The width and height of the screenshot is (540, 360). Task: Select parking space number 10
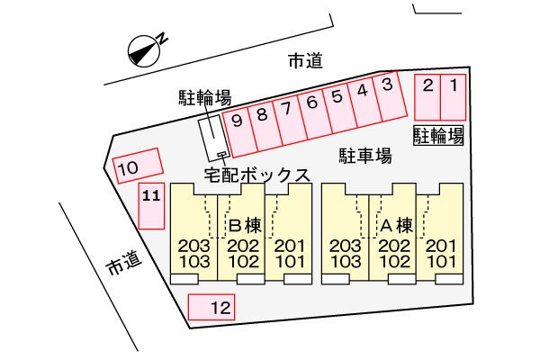point(139,166)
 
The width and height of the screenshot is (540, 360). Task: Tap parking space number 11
point(152,207)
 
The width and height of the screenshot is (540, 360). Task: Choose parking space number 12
point(211,308)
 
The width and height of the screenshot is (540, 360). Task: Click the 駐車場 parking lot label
point(364,156)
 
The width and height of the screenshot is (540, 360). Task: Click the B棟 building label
point(244,224)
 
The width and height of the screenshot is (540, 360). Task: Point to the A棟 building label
point(396,224)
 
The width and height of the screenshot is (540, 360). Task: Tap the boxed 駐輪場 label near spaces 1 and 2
point(438,136)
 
